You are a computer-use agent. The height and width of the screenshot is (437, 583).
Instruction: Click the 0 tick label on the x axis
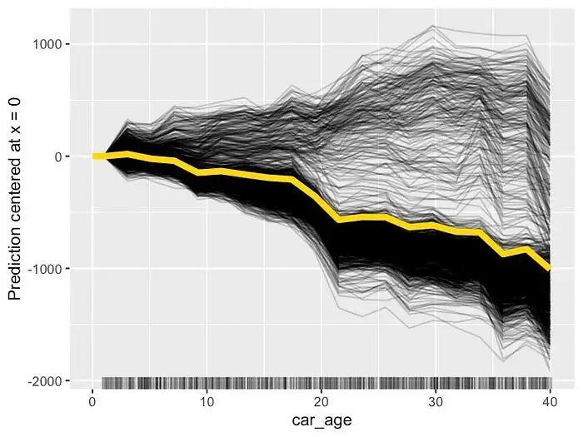pos(92,400)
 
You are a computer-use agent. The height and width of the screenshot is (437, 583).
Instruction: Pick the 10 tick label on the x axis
pos(207,400)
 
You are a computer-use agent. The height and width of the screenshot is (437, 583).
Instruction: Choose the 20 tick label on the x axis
pos(321,400)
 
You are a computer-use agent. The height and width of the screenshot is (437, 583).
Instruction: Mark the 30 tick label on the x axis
pos(435,400)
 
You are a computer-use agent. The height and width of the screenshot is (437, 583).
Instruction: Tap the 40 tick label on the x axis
pos(549,400)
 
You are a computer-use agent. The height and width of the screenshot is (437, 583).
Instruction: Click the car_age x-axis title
pos(321,421)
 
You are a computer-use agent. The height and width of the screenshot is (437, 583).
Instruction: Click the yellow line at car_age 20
pos(321,201)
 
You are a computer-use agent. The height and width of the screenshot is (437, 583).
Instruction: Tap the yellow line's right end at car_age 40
pos(549,268)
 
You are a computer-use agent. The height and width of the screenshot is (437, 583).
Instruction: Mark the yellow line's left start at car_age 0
pos(94,156)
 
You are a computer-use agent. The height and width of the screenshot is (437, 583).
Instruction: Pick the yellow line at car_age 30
pos(435,226)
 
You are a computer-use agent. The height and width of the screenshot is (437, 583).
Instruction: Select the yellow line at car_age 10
pos(207,171)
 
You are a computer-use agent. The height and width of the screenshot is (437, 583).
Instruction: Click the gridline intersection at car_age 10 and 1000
pos(207,44)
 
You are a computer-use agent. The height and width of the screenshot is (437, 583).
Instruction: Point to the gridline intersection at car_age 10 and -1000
pos(207,269)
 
